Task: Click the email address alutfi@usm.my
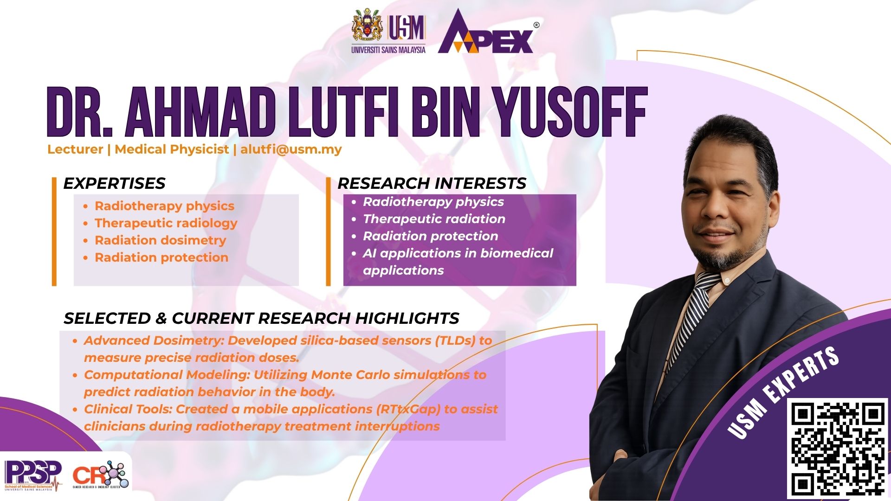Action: (x=291, y=149)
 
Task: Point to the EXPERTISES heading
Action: (x=114, y=183)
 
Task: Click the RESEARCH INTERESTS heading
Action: (x=432, y=183)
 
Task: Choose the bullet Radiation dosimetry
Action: (x=160, y=240)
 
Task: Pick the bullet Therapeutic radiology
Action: (x=166, y=223)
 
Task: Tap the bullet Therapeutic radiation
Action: (x=434, y=219)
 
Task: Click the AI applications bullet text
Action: (x=458, y=262)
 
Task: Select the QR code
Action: (x=838, y=448)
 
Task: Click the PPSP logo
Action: (x=32, y=475)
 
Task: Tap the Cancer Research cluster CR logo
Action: (x=101, y=475)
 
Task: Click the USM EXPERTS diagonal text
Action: (x=783, y=392)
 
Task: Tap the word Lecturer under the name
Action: (x=75, y=149)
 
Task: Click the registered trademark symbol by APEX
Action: (x=536, y=26)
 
